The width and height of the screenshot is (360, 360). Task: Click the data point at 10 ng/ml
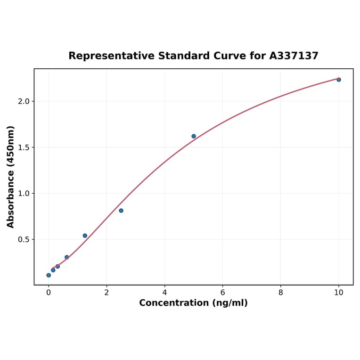click(x=338, y=80)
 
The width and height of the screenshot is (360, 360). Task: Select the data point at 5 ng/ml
click(x=194, y=136)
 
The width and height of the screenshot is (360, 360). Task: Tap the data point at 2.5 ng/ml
click(x=121, y=211)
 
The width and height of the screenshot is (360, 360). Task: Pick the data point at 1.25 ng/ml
click(x=85, y=236)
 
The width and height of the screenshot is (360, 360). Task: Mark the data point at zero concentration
click(x=49, y=275)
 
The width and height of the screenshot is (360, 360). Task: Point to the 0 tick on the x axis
click(x=49, y=293)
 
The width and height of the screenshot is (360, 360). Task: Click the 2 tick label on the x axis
click(x=106, y=293)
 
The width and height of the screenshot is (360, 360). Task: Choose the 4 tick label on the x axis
click(x=164, y=293)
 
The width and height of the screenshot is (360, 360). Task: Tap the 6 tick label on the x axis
click(x=222, y=293)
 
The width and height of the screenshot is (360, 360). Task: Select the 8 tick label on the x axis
click(x=280, y=293)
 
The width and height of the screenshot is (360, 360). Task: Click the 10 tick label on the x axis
click(x=338, y=293)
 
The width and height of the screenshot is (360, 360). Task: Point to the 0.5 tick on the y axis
click(x=24, y=239)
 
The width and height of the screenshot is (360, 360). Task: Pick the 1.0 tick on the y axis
click(x=24, y=194)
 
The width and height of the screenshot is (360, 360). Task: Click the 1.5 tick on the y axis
click(x=24, y=147)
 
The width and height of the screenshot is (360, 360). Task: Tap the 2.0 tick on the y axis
click(x=24, y=101)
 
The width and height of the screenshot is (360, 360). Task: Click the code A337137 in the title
click(x=294, y=56)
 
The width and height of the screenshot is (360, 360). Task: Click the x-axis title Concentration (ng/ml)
click(x=193, y=303)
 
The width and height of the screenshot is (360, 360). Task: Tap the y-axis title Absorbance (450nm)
click(x=11, y=177)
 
